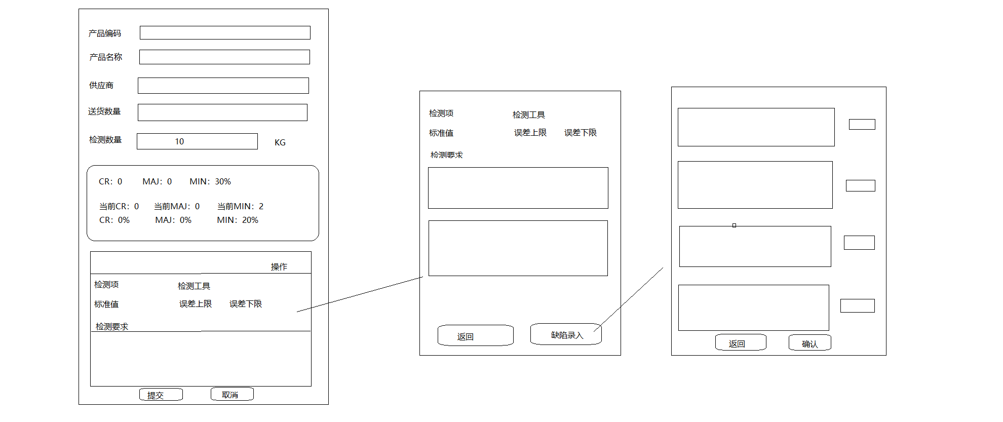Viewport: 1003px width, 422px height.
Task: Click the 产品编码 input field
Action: (x=225, y=33)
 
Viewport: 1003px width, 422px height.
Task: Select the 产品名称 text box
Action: (x=224, y=57)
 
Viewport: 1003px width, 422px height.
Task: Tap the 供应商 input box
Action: (x=223, y=86)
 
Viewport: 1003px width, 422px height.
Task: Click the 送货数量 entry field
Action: (x=222, y=112)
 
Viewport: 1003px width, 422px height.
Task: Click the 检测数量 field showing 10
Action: (x=197, y=141)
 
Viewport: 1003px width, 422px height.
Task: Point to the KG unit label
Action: (x=280, y=143)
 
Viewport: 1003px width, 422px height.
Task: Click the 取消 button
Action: (x=232, y=395)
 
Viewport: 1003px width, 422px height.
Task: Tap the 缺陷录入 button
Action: (x=566, y=335)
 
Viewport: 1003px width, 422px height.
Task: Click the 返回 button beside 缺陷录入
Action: (x=475, y=336)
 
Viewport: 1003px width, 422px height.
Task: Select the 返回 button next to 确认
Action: (x=740, y=343)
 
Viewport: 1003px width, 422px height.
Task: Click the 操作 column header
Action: (x=279, y=267)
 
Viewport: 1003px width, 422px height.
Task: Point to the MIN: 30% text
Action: (x=210, y=181)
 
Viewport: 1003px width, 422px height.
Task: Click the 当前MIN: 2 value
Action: (x=240, y=206)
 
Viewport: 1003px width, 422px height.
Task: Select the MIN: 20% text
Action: (x=238, y=220)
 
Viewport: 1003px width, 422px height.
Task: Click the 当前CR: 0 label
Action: (x=119, y=206)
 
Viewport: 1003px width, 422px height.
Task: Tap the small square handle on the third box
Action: (x=734, y=225)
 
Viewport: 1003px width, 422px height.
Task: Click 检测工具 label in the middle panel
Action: (x=528, y=115)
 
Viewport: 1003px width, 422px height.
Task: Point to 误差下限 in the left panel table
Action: (x=246, y=304)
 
